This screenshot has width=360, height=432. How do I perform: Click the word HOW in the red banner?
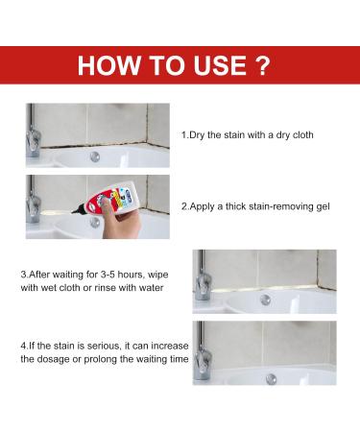point(108,65)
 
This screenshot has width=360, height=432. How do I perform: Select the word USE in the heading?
point(220,65)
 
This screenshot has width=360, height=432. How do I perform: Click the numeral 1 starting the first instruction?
point(183,135)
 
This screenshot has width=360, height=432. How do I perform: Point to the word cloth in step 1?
point(302,134)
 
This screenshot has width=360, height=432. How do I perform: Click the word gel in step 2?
point(323,206)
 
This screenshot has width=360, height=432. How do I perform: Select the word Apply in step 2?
point(203,206)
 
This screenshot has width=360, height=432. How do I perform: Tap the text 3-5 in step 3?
point(108,275)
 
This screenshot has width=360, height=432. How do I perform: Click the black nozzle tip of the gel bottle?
point(75,210)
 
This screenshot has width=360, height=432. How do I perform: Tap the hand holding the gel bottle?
point(124,222)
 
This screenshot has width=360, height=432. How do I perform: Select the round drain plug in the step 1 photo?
point(95,156)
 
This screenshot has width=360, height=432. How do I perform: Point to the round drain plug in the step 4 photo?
point(272,379)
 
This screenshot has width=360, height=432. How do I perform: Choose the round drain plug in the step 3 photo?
point(265,300)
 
